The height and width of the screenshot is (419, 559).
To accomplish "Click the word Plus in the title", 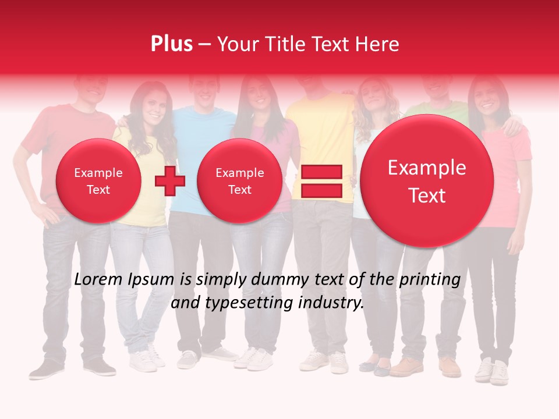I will (171, 44).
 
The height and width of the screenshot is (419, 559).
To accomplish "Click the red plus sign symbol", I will (169, 180).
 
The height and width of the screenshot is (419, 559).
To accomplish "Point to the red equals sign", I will (321, 181).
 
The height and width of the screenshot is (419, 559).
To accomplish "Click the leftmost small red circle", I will (98, 181).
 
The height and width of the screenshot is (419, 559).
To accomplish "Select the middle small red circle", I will (239, 181).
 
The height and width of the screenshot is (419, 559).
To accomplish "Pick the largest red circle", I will (427, 181).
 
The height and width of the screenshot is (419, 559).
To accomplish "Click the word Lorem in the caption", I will (99, 280).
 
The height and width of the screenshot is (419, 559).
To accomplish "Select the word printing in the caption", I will (430, 280).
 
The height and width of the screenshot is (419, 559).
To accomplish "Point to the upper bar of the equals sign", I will (321, 172).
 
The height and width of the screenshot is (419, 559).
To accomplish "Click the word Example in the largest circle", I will (427, 168).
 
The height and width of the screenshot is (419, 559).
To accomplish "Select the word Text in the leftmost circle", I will (98, 190).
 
